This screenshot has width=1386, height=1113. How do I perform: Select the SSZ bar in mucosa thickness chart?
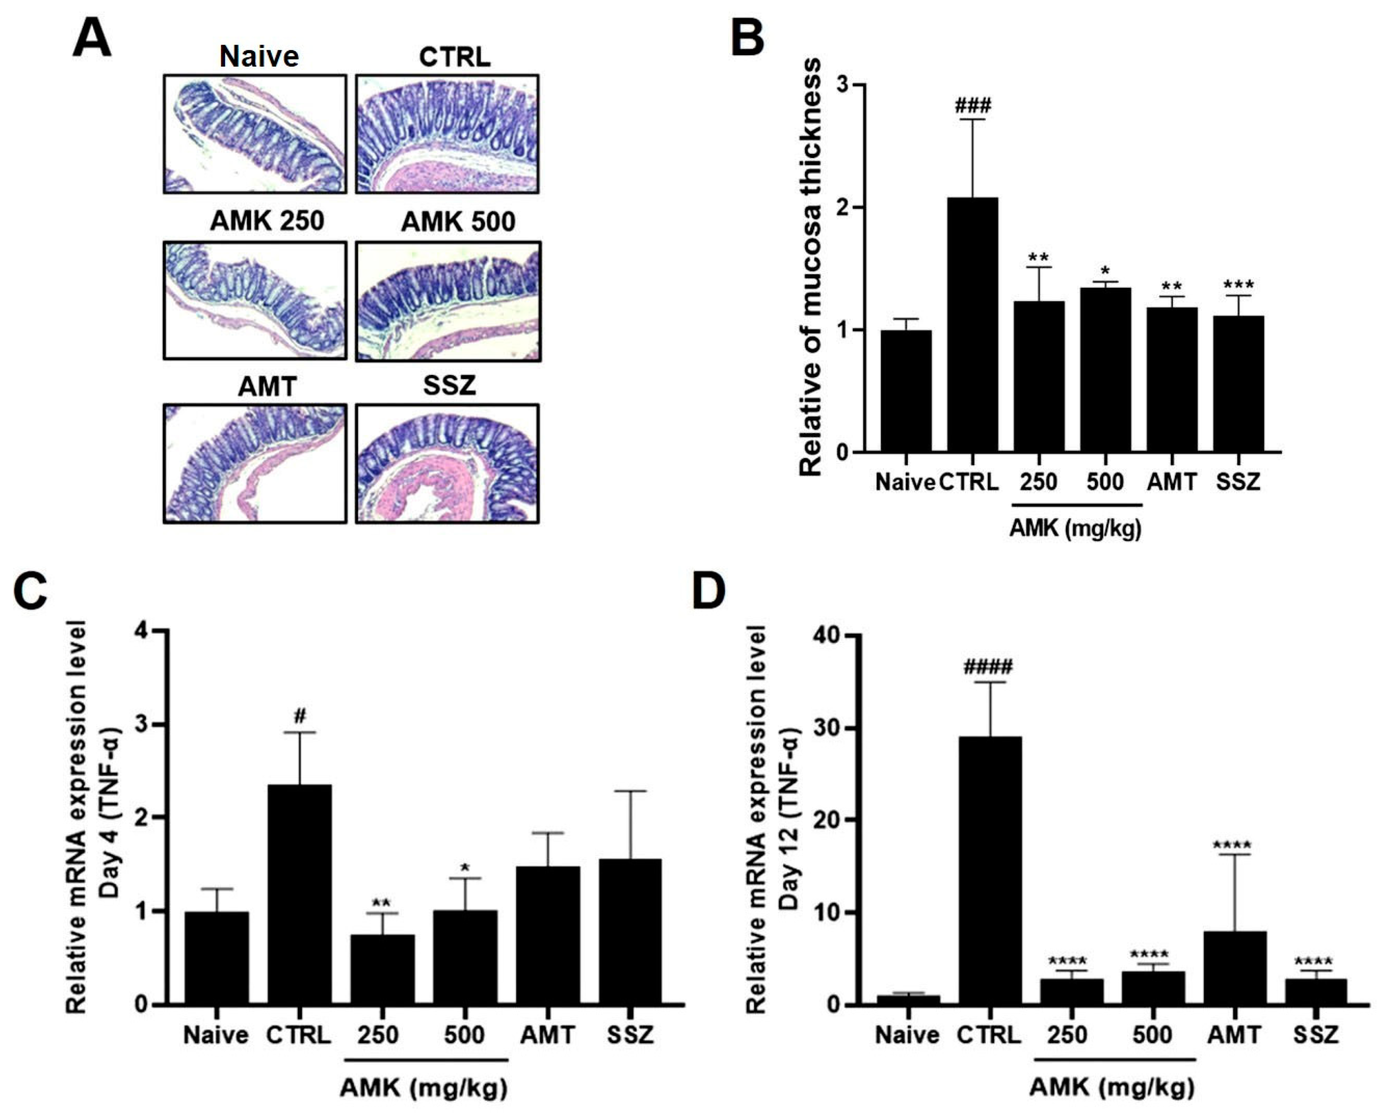[1238, 383]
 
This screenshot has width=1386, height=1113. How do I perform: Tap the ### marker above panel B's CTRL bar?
[973, 105]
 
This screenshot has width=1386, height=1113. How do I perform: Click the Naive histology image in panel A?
[254, 134]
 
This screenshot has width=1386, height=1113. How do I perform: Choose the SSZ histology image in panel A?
[447, 463]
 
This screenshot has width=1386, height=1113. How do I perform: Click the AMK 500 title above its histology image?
[458, 222]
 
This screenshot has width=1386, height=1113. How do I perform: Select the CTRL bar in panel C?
[299, 894]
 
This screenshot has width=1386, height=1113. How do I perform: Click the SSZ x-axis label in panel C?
[630, 1035]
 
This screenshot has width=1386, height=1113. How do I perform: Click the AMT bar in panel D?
[1235, 968]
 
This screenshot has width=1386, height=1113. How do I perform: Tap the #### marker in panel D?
[988, 666]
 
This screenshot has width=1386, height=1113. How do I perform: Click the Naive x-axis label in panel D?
[907, 1035]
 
